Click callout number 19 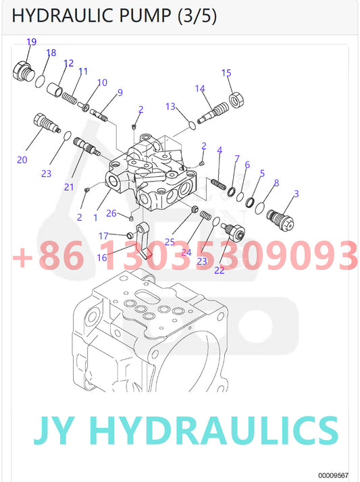31,41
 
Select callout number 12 69,63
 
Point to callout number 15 226,73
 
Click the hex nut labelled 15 236,100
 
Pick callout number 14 200,88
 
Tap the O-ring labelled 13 192,126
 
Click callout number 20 22,160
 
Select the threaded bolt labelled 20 46,124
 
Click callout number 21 69,187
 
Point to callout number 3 296,194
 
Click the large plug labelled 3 280,220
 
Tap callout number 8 276,183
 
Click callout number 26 111,213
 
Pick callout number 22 220,270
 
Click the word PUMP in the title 144,16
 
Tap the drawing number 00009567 333,475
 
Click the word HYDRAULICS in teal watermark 215,430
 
